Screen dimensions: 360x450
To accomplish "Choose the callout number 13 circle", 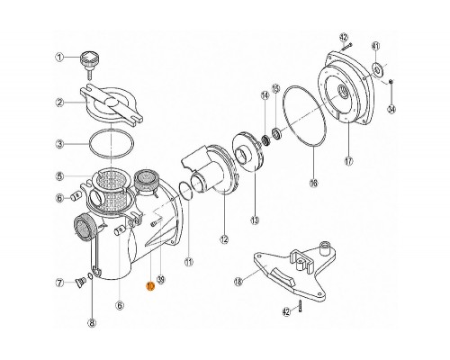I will tap(255, 219).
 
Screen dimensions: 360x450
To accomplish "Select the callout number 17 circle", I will tap(348, 162).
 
